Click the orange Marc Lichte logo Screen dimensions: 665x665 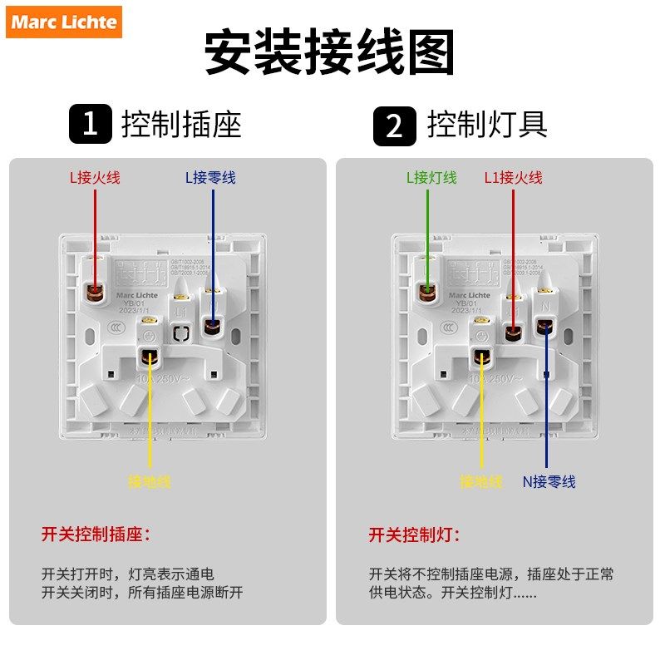65,22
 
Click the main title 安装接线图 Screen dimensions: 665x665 330,54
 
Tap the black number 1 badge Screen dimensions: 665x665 90,126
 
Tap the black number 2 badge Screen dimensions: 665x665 393,126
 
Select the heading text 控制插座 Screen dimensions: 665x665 181,126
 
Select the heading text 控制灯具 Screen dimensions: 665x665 487,126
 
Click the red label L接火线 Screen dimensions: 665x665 95,177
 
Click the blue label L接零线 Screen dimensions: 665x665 210,177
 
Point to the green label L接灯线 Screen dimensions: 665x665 431,177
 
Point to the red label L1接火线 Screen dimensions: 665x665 514,177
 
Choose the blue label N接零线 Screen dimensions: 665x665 549,481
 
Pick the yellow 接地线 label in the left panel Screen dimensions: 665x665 150,481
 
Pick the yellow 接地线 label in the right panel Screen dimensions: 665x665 481,481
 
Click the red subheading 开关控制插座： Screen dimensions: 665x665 97,534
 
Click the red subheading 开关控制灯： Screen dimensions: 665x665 414,534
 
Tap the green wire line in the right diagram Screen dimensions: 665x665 428,233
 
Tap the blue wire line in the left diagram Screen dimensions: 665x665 213,249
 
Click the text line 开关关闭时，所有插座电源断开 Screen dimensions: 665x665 142,594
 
